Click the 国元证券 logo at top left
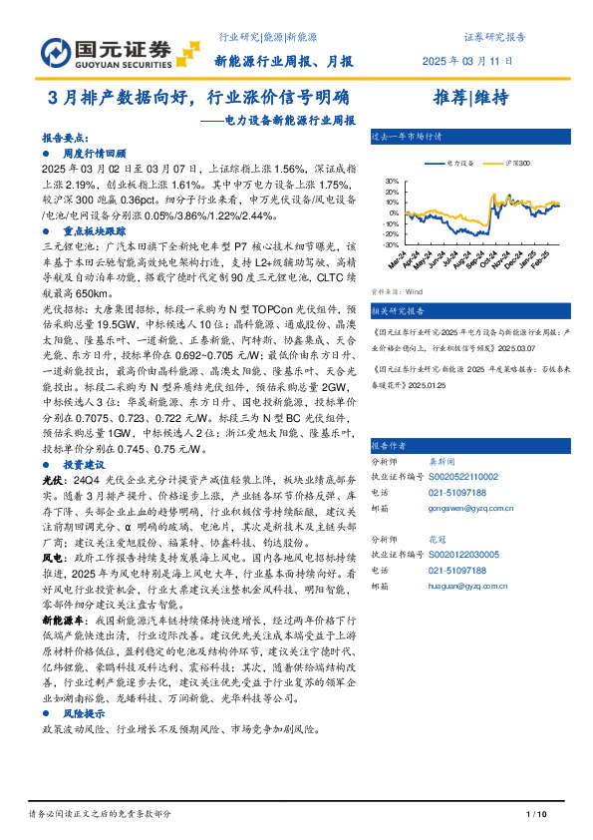(106, 49)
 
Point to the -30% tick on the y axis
(391, 244)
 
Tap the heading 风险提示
(85, 715)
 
